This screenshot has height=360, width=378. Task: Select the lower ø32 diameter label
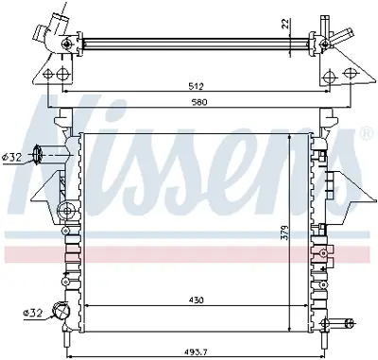[31, 311]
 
